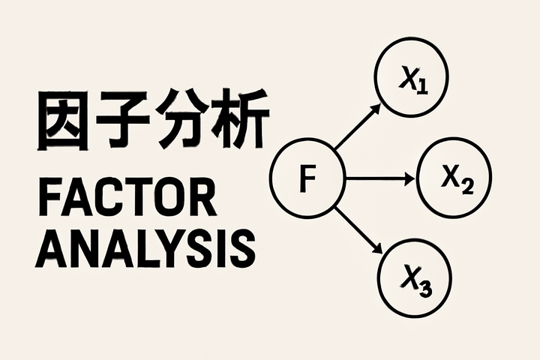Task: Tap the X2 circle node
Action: (454, 178)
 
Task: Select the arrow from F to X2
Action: (379, 178)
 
